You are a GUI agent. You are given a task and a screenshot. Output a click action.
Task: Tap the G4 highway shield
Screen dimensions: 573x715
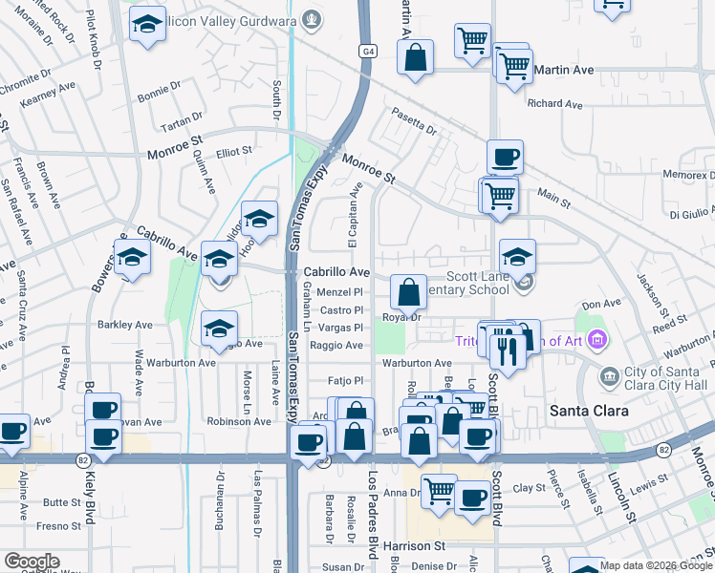pyautogui.click(x=367, y=51)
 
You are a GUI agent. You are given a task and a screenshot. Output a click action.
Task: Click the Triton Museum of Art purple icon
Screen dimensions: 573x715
pyautogui.click(x=598, y=339)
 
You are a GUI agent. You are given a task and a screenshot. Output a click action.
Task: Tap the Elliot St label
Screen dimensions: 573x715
pyautogui.click(x=233, y=150)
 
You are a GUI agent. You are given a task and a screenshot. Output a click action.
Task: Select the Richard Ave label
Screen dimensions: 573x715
pyautogui.click(x=553, y=103)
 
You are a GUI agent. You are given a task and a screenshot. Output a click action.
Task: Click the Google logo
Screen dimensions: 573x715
pyautogui.click(x=32, y=562)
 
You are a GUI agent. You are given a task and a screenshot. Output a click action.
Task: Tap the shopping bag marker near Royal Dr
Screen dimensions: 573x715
pyautogui.click(x=408, y=291)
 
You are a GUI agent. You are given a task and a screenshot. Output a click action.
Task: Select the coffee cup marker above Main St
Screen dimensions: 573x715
pyautogui.click(x=505, y=158)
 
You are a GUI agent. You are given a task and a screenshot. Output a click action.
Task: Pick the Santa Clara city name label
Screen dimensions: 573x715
pyautogui.click(x=588, y=411)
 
